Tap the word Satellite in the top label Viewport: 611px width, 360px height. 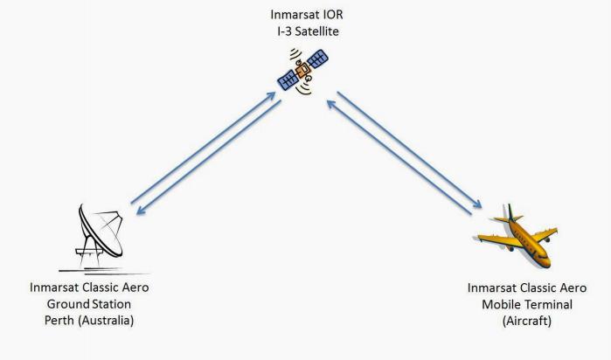click(x=316, y=31)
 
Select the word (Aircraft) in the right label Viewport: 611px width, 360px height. click(x=527, y=321)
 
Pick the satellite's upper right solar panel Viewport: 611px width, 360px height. click(x=317, y=59)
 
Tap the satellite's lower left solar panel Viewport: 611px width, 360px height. click(x=288, y=80)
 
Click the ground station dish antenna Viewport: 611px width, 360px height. click(x=101, y=231)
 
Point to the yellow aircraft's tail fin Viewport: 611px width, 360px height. click(x=510, y=212)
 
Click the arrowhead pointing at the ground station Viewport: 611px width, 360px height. click(x=140, y=211)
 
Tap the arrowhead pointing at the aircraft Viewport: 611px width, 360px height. click(x=477, y=204)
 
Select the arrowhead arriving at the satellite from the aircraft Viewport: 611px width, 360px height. click(x=331, y=104)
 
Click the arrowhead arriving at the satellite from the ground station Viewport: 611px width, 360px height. click(x=271, y=96)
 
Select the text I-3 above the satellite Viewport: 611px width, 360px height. click(x=285, y=31)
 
